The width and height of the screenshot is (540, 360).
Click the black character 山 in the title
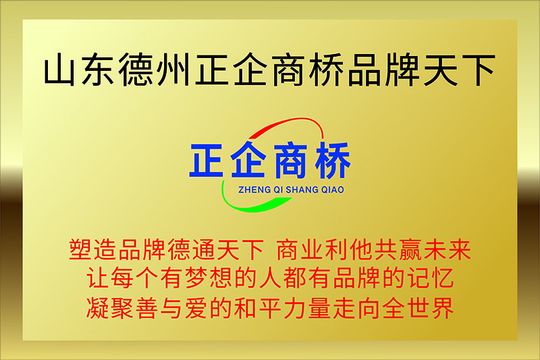(x=59, y=70)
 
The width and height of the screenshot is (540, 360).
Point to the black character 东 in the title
(x=97, y=70)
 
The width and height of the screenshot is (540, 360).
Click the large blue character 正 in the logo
(x=207, y=160)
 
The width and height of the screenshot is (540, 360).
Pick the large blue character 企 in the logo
(x=248, y=159)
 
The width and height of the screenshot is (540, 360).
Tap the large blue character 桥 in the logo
(x=333, y=160)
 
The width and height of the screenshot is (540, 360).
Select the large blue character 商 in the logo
(x=290, y=160)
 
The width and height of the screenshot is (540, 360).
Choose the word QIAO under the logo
(x=332, y=190)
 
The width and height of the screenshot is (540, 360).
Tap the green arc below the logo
(x=248, y=204)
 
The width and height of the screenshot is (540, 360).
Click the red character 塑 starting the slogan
(x=80, y=250)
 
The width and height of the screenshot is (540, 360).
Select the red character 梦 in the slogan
(x=196, y=278)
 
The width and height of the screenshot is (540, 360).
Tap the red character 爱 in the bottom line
(x=196, y=307)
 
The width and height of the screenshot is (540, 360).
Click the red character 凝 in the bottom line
(x=97, y=307)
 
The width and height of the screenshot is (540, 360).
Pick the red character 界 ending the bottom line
(x=442, y=307)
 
